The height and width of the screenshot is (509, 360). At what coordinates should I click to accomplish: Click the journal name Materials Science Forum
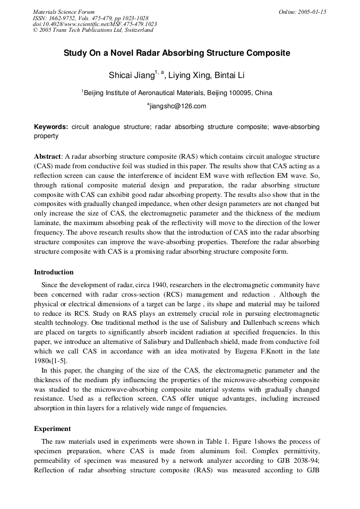pyautogui.click(x=64, y=11)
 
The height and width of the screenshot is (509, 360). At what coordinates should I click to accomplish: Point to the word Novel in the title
pyautogui.click(x=144, y=54)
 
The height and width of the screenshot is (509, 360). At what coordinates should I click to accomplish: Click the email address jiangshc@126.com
pyautogui.click(x=178, y=106)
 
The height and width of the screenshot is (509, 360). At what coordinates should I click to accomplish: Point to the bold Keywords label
pyautogui.click(x=51, y=127)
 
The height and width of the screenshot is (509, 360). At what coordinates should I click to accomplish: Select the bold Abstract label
pyautogui.click(x=48, y=157)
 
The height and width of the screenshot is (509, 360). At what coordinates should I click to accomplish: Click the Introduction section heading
pyautogui.click(x=54, y=272)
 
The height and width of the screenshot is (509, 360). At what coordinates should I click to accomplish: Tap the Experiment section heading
pyautogui.click(x=52, y=428)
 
